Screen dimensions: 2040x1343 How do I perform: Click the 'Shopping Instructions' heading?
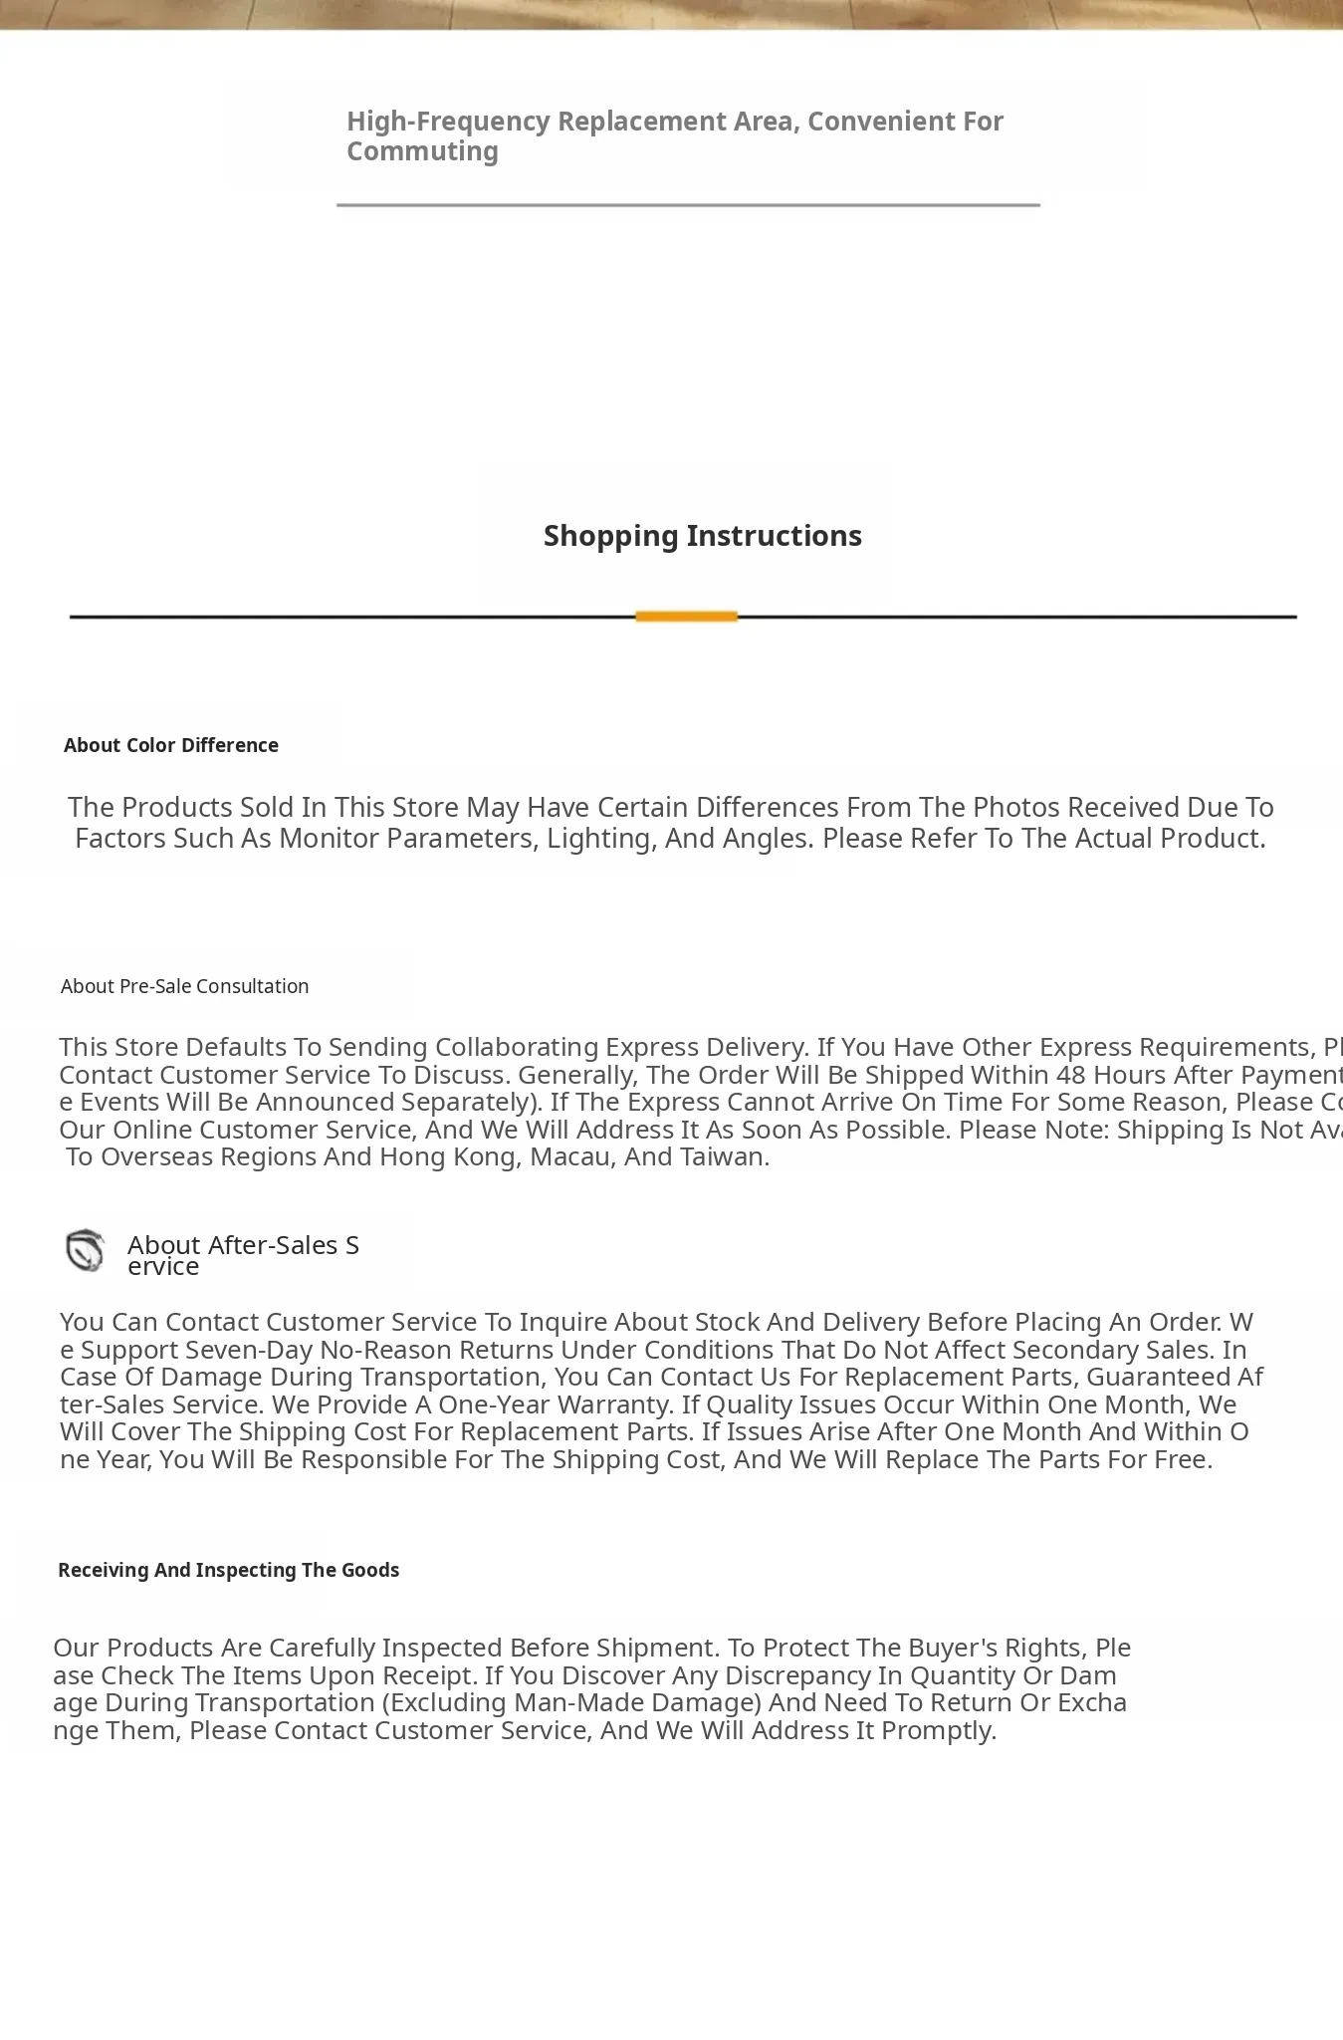[x=702, y=536]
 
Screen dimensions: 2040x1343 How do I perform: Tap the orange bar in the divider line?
[x=686, y=617]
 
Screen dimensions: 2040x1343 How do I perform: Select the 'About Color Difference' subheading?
[x=171, y=745]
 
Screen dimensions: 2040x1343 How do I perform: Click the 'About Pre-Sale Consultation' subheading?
[x=184, y=986]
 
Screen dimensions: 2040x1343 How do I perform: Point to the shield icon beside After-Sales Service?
[x=86, y=1250]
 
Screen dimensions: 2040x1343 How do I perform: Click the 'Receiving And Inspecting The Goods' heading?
[x=228, y=1570]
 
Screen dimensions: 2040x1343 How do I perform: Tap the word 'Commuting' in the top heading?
[x=422, y=151]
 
